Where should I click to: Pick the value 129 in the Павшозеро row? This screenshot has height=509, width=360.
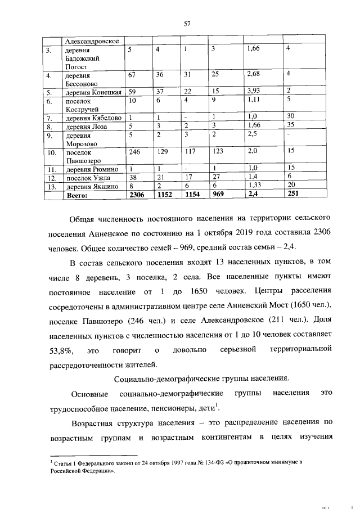pyautogui.click(x=164, y=152)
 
